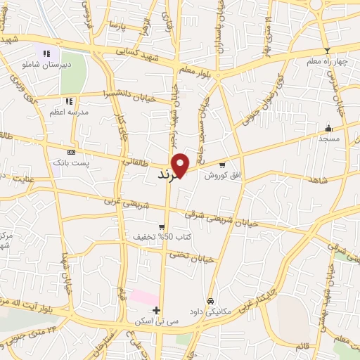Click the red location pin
coord(181,165)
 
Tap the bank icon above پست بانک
coord(71,152)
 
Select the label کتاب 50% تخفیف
coord(161,237)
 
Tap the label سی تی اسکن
coord(157,321)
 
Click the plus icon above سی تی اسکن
coord(156,310)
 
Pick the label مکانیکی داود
coord(210,311)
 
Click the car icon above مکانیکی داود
coord(210,300)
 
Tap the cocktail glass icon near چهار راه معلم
coord(326,51)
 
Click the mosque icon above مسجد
coord(328,128)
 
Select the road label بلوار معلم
coord(201,67)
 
